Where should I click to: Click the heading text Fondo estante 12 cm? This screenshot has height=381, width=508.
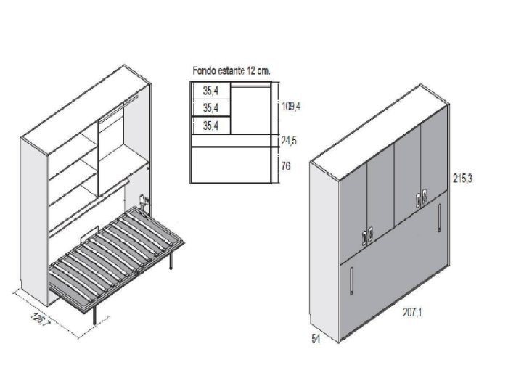point(231,71)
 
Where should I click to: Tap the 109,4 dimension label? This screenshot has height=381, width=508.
point(291,106)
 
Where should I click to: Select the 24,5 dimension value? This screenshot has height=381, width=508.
point(289,141)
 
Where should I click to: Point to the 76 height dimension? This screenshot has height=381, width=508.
point(286,166)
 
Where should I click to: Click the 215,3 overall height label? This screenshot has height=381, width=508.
point(463,179)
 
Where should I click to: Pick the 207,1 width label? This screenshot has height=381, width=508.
point(412,313)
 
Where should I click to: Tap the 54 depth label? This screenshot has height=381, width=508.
point(316,339)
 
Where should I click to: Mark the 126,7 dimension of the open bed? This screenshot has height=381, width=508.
point(41,320)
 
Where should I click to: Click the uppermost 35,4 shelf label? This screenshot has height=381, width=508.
point(210,91)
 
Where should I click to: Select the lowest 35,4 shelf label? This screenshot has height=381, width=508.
point(210,126)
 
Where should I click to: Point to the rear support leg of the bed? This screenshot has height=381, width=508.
point(171,261)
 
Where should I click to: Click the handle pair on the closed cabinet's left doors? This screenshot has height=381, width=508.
point(367,237)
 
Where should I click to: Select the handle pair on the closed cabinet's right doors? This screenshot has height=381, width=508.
point(420,200)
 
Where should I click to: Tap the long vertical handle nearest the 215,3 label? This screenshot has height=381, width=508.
point(439,218)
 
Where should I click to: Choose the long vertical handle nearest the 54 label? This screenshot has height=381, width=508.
point(352,282)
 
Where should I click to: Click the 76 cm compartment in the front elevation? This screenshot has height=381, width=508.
point(231,165)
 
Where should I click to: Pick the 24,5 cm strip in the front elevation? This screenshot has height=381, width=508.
point(231,141)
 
